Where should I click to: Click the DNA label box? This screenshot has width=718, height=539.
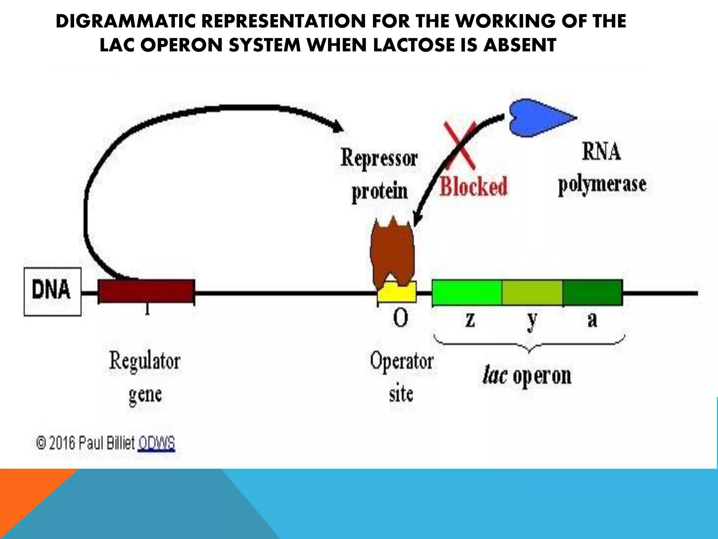tap(52, 291)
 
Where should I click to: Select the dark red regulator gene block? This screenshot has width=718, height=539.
tap(146, 291)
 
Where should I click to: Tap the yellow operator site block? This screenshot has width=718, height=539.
tap(397, 294)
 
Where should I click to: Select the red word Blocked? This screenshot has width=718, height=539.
tap(473, 186)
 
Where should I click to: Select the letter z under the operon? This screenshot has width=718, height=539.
tap(470, 320)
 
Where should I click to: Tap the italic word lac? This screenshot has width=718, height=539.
tap(494, 375)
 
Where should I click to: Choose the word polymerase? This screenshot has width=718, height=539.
tap(602, 185)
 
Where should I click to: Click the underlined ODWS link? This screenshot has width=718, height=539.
tap(156, 443)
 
